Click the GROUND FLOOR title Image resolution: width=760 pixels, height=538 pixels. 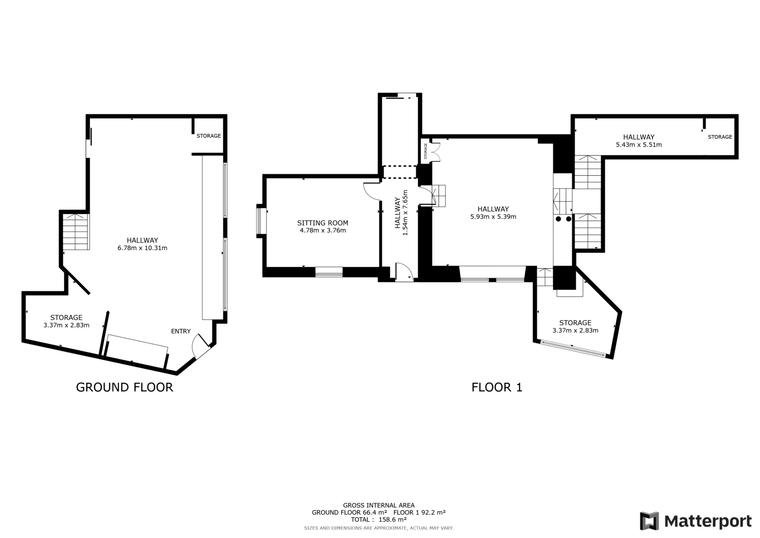pos(124,387)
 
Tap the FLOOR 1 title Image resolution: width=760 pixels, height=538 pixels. pos(497,387)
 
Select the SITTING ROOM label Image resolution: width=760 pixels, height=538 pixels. pos(323,223)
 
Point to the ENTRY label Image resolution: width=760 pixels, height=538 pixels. pos(181,331)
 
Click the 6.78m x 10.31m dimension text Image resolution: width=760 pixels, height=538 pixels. pos(142,248)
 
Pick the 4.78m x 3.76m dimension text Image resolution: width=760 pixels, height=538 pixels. pos(323,231)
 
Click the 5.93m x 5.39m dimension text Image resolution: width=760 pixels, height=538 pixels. pos(494,217)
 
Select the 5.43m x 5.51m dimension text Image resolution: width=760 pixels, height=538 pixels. pos(639,144)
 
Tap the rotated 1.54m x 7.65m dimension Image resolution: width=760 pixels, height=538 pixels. pos(405,213)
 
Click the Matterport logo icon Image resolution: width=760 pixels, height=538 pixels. pos(649,521)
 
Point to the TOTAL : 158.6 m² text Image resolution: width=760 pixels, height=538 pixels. pos(379,519)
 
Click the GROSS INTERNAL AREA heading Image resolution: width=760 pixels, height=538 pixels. pos(379,505)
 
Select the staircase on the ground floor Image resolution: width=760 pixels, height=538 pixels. pos(76,232)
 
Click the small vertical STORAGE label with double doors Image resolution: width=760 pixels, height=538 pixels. pos(426,151)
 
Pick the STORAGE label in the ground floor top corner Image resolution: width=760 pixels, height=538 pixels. pos(209,136)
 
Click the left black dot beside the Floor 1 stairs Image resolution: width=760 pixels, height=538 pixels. pos(558,219)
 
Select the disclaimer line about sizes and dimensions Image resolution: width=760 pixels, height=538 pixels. pos(379,528)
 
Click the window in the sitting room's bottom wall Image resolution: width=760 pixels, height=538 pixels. pos(329,272)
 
